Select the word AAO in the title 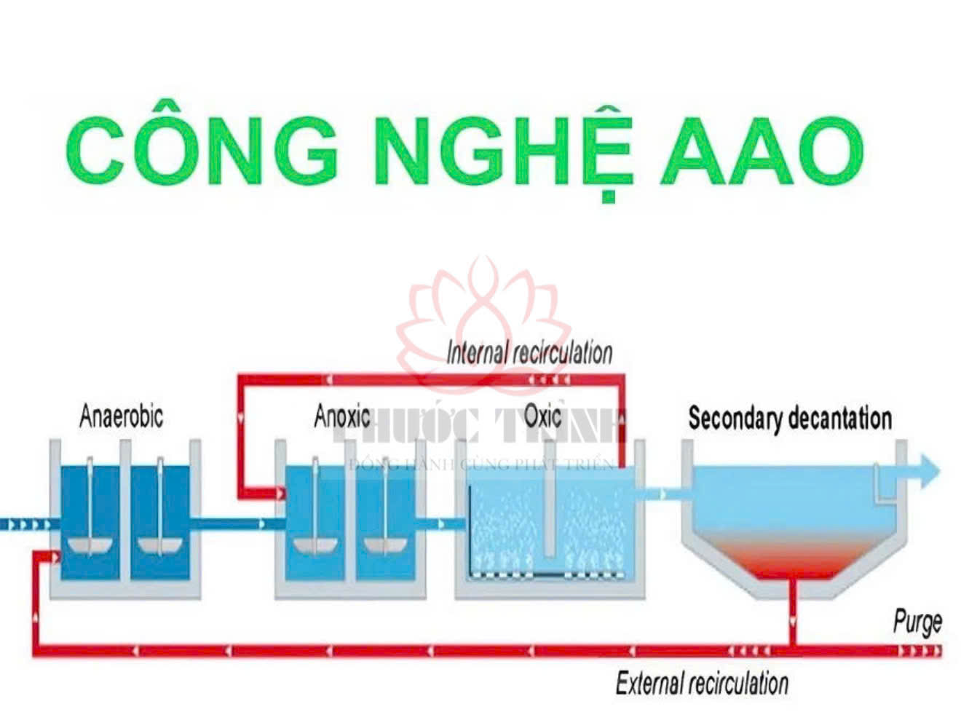pyautogui.click(x=762, y=151)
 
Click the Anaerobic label pyautogui.click(x=121, y=417)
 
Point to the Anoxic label pyautogui.click(x=341, y=417)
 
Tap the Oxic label pyautogui.click(x=542, y=416)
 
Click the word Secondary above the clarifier pyautogui.click(x=735, y=419)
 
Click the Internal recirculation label pyautogui.click(x=529, y=353)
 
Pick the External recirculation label pyautogui.click(x=702, y=684)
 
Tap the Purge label pyautogui.click(x=917, y=623)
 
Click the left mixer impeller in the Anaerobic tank pyautogui.click(x=89, y=544)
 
